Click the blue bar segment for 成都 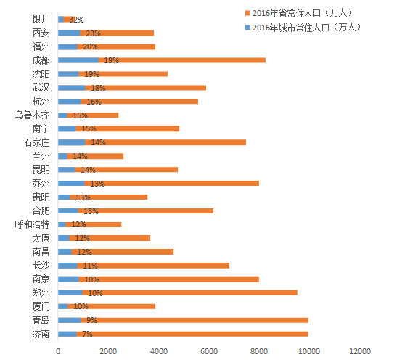[x=78, y=60]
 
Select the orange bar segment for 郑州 [x=189, y=292]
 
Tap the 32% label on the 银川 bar [x=76, y=20]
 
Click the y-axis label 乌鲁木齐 [x=33, y=115]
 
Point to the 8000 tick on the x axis [x=259, y=351]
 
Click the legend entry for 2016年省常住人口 [x=299, y=13]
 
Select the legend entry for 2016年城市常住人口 [x=303, y=27]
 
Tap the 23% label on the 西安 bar [x=93, y=33]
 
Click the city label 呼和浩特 [x=33, y=224]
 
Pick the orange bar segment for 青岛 [x=194, y=320]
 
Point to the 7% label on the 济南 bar [x=87, y=334]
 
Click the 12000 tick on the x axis [x=360, y=351]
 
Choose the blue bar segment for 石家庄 [x=72, y=142]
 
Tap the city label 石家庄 [x=37, y=142]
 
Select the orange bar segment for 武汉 [x=146, y=88]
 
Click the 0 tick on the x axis [x=58, y=351]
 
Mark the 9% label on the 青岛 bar [x=91, y=320]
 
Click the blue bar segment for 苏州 [x=71, y=183]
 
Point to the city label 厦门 [x=41, y=306]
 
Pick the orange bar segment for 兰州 [x=95, y=156]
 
